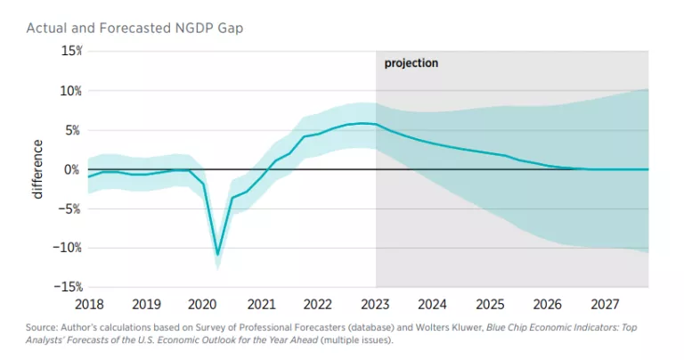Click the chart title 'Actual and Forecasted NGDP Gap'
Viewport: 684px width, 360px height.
coord(134,29)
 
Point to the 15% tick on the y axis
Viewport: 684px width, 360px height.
coord(71,52)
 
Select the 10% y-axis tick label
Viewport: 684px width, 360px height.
coord(71,91)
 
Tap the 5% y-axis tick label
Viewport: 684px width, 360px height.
coord(74,130)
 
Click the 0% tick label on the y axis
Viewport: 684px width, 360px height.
coord(74,169)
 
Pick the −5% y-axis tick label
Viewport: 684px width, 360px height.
coord(71,209)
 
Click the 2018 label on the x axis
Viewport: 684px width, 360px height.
coord(89,303)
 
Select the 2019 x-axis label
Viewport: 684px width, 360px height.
coord(147,303)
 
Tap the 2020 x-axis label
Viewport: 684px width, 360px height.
coord(204,303)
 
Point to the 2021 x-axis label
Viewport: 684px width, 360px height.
coord(261,303)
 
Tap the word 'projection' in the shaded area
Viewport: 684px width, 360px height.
coord(411,64)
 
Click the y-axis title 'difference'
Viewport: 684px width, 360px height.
coord(37,169)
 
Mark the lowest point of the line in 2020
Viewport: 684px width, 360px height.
coord(217,254)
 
